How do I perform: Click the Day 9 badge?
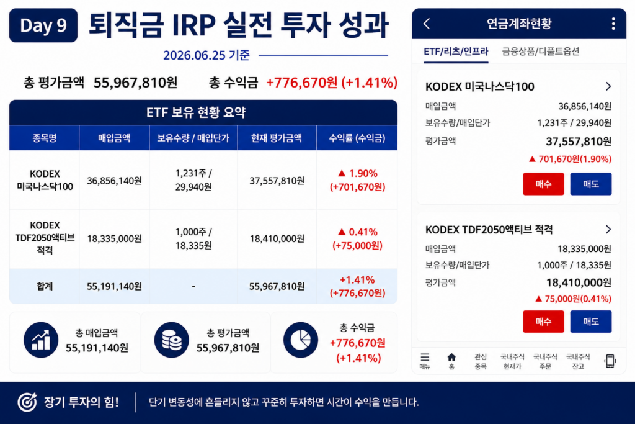click(x=43, y=25)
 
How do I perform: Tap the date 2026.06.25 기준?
click(x=206, y=55)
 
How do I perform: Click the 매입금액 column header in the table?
click(x=114, y=138)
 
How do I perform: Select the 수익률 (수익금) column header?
click(x=357, y=138)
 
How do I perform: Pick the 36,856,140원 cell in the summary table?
click(x=114, y=181)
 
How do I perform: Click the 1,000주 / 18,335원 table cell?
click(x=193, y=238)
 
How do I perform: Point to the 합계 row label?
click(x=45, y=286)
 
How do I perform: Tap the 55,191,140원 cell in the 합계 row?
click(x=114, y=287)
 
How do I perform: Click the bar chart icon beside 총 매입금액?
click(x=41, y=340)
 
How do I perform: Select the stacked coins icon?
click(x=171, y=340)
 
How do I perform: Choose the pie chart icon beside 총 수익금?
click(x=301, y=340)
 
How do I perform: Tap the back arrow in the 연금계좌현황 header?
click(x=427, y=24)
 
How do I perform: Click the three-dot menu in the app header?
click(x=613, y=24)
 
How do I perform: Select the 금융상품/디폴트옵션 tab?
click(x=541, y=52)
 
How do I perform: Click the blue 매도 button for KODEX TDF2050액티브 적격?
click(x=591, y=322)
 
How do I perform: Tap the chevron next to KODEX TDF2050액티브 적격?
click(x=608, y=230)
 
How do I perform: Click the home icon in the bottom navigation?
click(x=451, y=357)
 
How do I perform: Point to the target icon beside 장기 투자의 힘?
click(x=27, y=402)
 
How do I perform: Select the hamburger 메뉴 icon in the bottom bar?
click(x=425, y=357)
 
